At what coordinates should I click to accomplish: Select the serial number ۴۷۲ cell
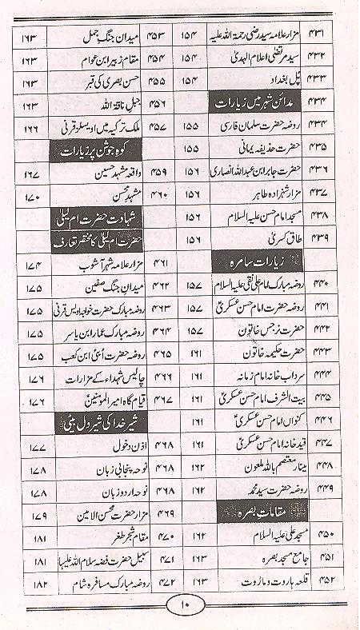pyautogui.click(x=167, y=577)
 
